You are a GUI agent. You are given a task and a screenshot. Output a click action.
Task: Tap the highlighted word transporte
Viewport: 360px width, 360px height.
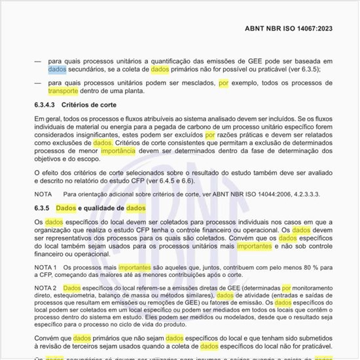[63, 91]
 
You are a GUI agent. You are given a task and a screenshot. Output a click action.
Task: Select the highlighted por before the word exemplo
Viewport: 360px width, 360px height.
[224, 82]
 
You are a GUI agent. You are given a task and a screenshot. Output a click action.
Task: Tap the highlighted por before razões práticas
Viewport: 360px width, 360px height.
[210, 134]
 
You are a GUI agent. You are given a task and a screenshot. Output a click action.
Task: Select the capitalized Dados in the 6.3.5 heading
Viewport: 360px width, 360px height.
[65, 208]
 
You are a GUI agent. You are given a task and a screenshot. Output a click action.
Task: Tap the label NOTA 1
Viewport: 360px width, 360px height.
[46, 268]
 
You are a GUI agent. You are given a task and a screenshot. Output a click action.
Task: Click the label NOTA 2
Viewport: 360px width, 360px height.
[46, 288]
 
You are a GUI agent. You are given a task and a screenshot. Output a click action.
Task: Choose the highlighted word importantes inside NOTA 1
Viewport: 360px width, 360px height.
[135, 268]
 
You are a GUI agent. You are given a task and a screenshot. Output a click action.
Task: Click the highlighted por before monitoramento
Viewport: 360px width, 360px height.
[286, 288]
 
